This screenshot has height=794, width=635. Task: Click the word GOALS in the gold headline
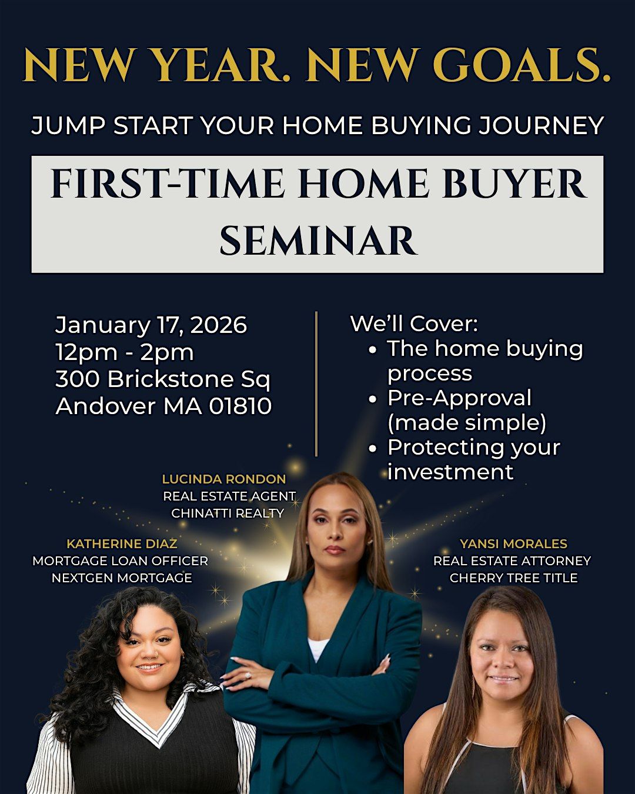522,65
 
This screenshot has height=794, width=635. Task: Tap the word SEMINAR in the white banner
319,240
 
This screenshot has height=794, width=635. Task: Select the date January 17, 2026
151,325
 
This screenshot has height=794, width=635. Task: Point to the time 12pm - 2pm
124,353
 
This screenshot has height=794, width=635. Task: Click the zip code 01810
240,406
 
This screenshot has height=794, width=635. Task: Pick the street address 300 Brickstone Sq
163,379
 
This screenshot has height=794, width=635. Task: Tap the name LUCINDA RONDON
224,479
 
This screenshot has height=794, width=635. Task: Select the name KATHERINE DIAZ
122,544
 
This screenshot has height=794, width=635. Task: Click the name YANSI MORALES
513,544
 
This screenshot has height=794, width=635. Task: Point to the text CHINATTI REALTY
228,513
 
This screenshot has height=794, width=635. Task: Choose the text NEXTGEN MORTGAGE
122,578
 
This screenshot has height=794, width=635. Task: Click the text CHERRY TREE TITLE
513,578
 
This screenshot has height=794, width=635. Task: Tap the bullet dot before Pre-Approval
373,399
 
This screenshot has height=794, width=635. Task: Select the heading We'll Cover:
414,323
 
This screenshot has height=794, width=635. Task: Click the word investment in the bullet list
450,472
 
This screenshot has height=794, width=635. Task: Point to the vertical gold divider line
316,383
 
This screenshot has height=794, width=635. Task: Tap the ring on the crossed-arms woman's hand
248,675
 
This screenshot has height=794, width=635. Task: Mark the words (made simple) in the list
467,423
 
